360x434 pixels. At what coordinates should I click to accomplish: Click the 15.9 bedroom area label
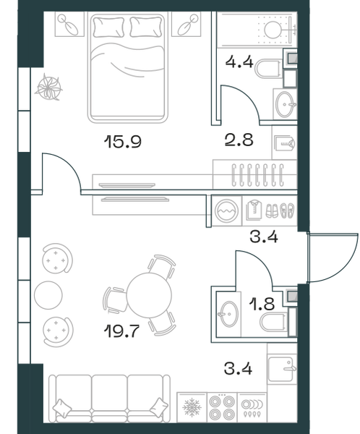tap(123, 141)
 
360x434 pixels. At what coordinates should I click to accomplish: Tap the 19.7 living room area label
tap(121, 331)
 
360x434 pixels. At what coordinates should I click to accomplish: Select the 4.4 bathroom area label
tap(239, 61)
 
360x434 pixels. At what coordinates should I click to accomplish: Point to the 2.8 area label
tap(239, 140)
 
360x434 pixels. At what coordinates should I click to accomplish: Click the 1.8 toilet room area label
tap(262, 304)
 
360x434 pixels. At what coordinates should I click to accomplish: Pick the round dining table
tap(149, 295)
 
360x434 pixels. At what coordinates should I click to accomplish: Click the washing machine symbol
tap(226, 211)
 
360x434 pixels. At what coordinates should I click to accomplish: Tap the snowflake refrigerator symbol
tap(192, 407)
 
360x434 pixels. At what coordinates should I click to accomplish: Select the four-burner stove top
tap(222, 407)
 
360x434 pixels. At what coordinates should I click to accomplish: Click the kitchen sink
tap(280, 369)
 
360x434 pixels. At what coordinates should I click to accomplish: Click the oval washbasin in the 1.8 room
tap(229, 314)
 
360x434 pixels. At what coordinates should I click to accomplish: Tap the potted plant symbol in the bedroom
tap(48, 88)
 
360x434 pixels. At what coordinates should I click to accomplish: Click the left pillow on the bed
tap(108, 27)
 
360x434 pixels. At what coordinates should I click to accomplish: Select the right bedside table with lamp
tap(187, 24)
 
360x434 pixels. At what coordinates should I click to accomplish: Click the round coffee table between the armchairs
tap(48, 295)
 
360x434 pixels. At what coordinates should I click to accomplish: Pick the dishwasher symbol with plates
tap(252, 407)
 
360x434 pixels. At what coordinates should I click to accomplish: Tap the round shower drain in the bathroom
tap(273, 30)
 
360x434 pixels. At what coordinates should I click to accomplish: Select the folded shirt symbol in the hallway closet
tap(254, 210)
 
